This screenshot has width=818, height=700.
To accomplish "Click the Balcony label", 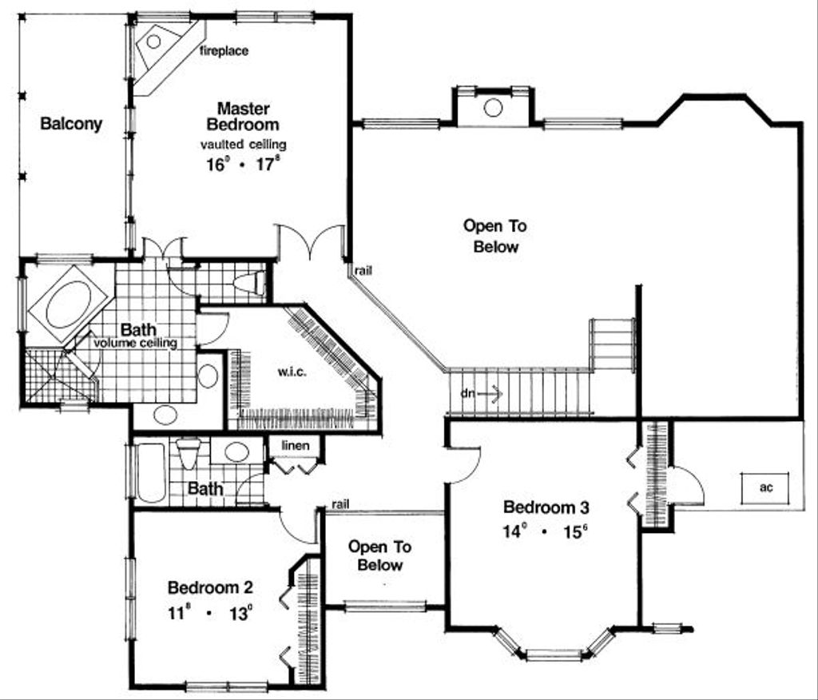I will (71, 124).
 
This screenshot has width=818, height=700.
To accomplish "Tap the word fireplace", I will (224, 51).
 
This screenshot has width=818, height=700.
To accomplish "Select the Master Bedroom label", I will (243, 116).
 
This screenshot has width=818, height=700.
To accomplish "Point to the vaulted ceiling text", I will (243, 145).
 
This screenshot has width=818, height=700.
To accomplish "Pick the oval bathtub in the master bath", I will (69, 304).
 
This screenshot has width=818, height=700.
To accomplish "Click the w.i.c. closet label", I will (288, 372).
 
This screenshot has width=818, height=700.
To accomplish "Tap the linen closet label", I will (295, 444).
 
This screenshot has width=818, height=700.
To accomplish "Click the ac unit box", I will (764, 487).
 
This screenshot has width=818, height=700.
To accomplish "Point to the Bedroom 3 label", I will (546, 507).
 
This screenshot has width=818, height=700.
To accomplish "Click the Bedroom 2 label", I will (210, 588).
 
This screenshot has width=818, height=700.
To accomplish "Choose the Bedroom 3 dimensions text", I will (546, 531).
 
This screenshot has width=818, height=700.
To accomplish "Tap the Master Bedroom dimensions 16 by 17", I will (243, 166).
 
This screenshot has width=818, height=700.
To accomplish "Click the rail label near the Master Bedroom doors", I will (362, 270).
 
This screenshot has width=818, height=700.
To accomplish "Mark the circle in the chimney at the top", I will (493, 107).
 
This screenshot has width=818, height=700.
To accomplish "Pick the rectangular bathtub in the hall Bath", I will (150, 472).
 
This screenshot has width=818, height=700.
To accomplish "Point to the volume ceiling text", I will (134, 343).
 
